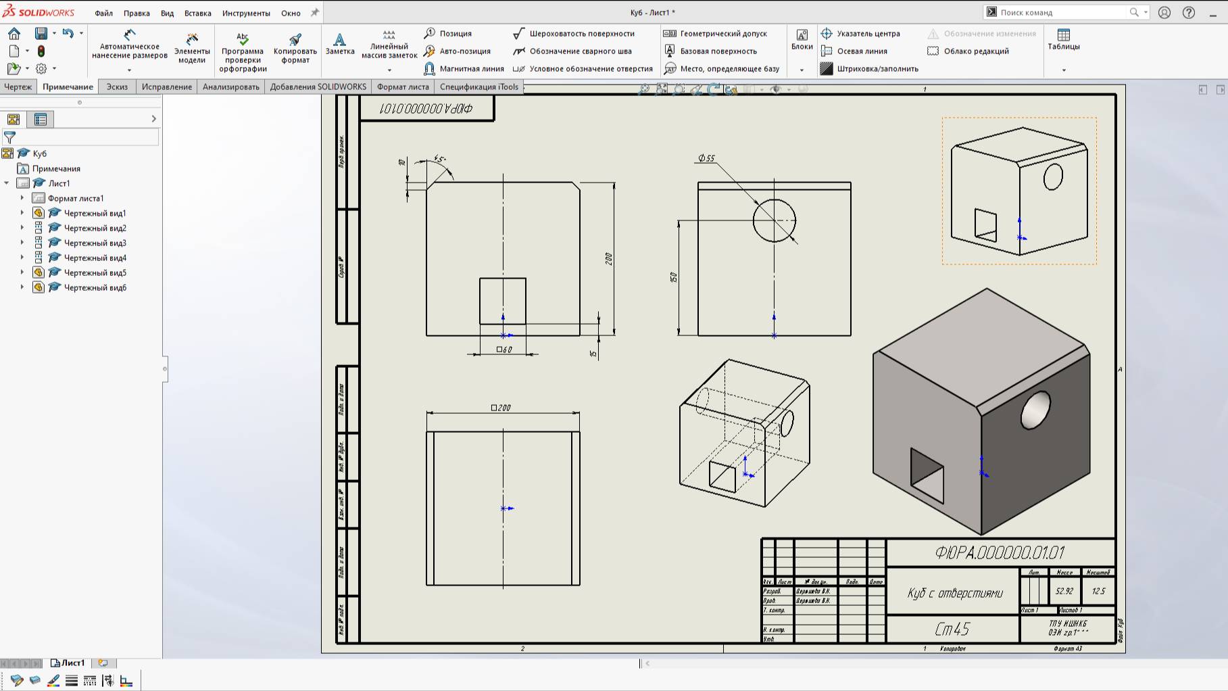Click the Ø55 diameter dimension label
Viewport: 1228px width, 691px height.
pos(707,158)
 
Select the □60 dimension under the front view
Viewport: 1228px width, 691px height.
pos(505,350)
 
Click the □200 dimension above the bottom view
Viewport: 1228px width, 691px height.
pos(501,408)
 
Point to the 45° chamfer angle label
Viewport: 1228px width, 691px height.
pos(440,159)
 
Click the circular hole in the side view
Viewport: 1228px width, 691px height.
pos(774,220)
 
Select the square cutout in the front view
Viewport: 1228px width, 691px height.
pos(502,301)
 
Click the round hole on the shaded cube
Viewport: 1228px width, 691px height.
pos(1035,410)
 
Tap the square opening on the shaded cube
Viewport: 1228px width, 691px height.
pos(927,475)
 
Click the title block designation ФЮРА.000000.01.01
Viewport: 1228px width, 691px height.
pos(1000,552)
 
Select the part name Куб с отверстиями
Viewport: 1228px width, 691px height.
pos(954,593)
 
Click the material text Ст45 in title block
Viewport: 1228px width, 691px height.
pos(952,629)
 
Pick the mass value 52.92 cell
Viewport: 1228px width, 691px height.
pos(1064,591)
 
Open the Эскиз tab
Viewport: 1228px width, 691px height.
pos(117,87)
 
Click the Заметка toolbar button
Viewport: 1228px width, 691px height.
pos(339,43)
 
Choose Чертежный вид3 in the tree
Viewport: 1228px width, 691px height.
pos(95,243)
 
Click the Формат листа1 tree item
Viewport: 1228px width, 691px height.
pos(75,198)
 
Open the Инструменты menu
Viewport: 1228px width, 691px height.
pos(246,13)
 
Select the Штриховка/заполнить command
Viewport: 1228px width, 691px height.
pos(877,68)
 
